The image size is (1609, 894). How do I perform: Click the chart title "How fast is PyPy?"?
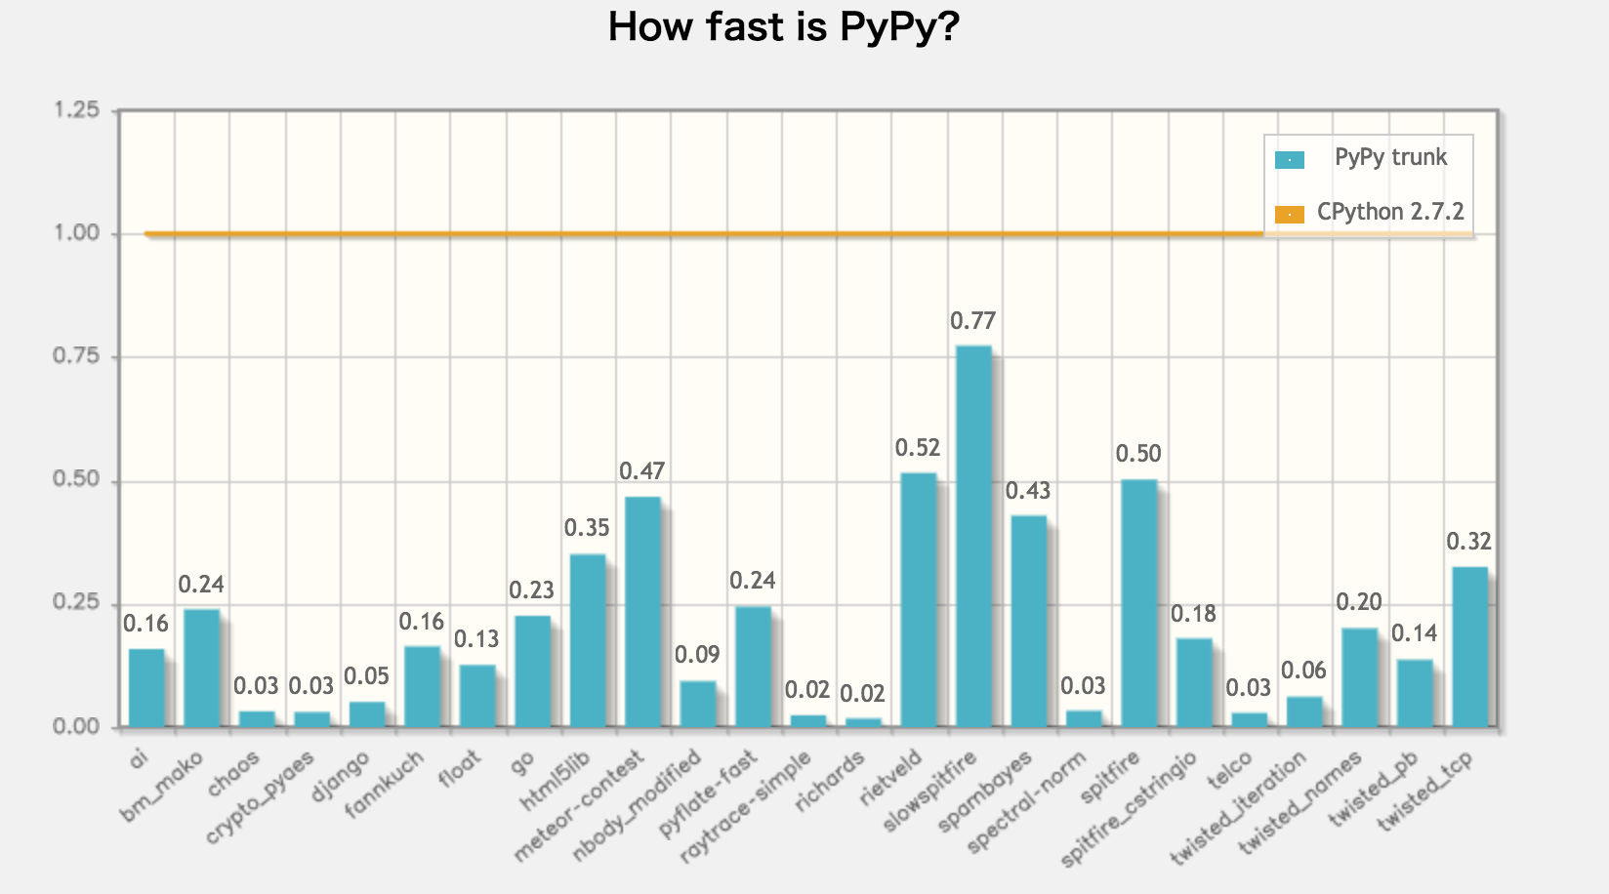tap(783, 27)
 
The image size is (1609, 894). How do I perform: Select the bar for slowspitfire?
tap(973, 536)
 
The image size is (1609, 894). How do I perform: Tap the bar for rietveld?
tap(918, 599)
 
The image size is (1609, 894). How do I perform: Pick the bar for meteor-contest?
tap(642, 611)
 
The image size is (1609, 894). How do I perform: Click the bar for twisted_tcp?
tap(1469, 646)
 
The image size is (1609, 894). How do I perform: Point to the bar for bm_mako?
tap(201, 668)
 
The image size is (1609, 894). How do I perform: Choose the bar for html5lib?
tap(587, 640)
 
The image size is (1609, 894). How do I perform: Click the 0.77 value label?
tap(972, 321)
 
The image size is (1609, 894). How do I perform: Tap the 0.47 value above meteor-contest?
tap(641, 471)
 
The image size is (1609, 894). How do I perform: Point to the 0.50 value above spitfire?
tap(1138, 454)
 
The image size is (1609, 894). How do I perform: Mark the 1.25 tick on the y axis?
tap(76, 110)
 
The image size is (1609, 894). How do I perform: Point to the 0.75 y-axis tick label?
tap(76, 356)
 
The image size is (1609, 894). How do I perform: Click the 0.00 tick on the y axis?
tap(76, 726)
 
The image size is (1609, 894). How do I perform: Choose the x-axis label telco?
tap(1230, 771)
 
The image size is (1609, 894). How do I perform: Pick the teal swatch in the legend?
tap(1289, 160)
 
